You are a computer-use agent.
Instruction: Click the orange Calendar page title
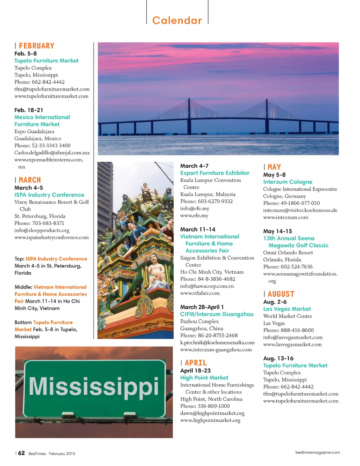coord(177,20)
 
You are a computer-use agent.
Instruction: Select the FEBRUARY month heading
coord(37,46)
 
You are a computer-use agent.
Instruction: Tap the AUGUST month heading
coord(281,294)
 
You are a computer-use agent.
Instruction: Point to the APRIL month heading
coord(196,363)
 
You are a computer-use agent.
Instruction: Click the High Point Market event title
coord(204,377)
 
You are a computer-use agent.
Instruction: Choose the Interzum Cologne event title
coord(288,182)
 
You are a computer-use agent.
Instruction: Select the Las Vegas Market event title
coord(287,309)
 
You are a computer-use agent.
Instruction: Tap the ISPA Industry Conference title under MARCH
coord(49,195)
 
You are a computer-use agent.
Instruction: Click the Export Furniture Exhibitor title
coord(215,173)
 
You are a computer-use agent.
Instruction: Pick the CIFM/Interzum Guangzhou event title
coord(217,314)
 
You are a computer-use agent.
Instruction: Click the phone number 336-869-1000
coord(214,406)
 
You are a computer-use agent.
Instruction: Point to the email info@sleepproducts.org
coord(42,230)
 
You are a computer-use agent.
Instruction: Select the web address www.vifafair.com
coord(200,293)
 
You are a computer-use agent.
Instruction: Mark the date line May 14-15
coord(277,231)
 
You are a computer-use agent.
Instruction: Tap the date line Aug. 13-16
coord(278,358)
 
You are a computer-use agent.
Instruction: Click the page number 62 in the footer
coord(21,453)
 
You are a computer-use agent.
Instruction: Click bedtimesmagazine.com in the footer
coord(317,452)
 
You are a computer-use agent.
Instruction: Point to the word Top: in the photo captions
coord(19,258)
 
